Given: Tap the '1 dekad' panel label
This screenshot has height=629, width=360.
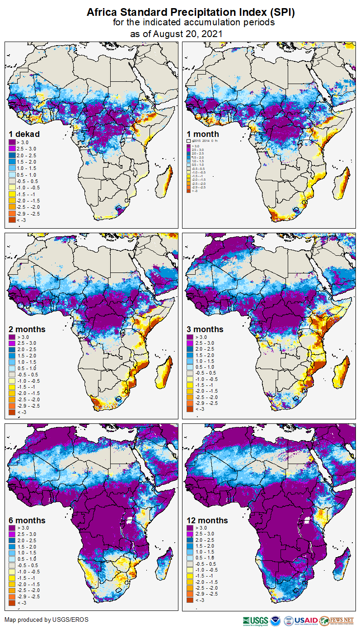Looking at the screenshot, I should [x=24, y=134].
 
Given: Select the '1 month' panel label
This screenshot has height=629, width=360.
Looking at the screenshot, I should [x=203, y=134].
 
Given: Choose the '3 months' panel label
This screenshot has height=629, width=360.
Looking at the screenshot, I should [x=205, y=329].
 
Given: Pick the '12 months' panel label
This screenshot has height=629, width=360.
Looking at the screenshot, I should [x=207, y=521].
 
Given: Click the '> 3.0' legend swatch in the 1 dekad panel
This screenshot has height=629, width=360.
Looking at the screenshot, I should [x=12, y=142].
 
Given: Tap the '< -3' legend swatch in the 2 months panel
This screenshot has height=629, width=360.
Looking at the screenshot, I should [x=12, y=412].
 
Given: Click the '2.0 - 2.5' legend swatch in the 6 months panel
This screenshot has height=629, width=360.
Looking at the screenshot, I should [x=12, y=540].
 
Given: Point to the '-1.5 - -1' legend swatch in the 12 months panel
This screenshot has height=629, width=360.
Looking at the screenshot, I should [x=190, y=577].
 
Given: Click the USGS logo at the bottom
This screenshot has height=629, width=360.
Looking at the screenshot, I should [x=255, y=620].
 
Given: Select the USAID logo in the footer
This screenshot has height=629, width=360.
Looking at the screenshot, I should [x=305, y=620].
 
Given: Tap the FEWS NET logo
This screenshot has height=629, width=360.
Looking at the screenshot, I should [x=337, y=620].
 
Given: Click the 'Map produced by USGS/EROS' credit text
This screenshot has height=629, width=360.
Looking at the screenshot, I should [x=47, y=620].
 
